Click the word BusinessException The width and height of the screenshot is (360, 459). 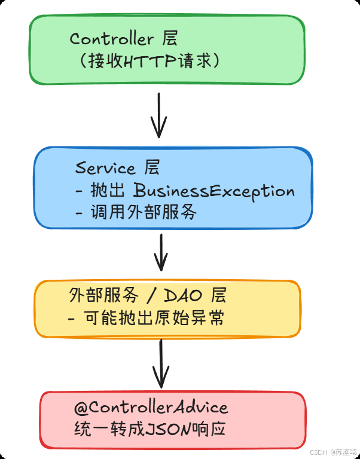pos(214,191)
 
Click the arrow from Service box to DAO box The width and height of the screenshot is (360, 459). pos(160,252)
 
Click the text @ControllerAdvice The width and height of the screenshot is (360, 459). pos(151,408)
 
